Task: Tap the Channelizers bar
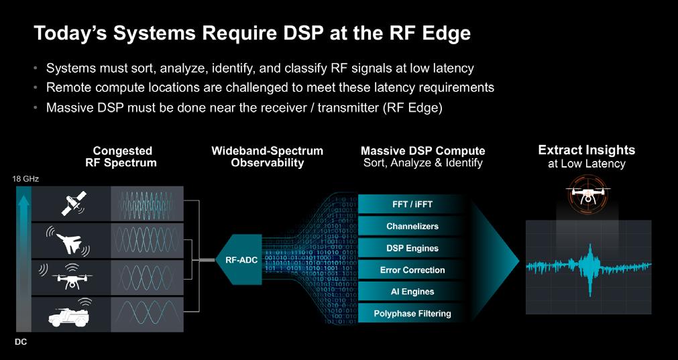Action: pos(412,227)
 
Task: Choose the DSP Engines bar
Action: pos(412,248)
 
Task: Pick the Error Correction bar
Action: pos(412,270)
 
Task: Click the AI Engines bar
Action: pos(412,292)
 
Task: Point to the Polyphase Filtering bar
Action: pos(412,313)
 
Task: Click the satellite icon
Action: pos(72,202)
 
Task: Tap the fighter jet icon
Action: pos(69,239)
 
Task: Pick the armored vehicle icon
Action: pos(69,312)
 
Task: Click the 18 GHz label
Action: pos(25,179)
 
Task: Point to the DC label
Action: pos(21,341)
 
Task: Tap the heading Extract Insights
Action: pos(587,150)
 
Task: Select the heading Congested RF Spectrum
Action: pos(123,157)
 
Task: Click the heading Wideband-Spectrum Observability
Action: pos(268,157)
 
